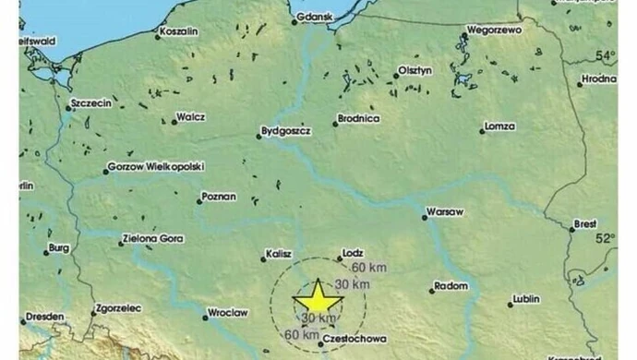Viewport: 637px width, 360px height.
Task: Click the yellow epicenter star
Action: [x=318, y=297]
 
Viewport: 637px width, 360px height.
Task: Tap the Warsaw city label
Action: [x=445, y=212]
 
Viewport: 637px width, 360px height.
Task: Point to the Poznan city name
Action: [x=220, y=197]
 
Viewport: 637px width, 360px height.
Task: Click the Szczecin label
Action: [x=91, y=103]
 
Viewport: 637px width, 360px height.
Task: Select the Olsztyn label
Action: [x=414, y=71]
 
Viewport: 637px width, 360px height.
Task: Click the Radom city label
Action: [x=452, y=286]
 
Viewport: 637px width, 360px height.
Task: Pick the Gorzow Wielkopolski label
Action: [x=156, y=167]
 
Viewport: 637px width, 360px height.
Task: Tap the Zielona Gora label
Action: [x=152, y=238]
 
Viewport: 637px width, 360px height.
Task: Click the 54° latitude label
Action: [x=606, y=55]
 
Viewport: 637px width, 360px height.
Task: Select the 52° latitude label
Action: [x=606, y=237]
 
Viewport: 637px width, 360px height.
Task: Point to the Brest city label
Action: [x=586, y=223]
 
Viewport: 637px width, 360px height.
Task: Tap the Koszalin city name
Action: [x=179, y=31]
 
